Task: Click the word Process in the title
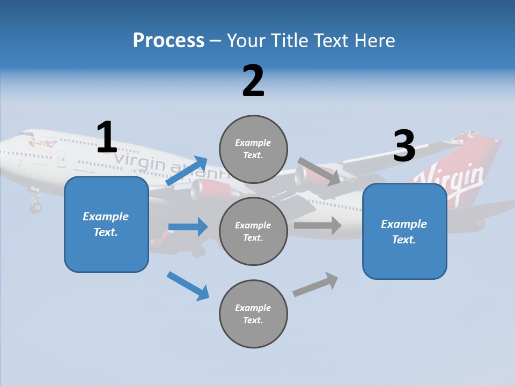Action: coord(168,41)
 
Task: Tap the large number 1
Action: coord(107,137)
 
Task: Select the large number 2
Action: coord(253,81)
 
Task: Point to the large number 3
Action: coord(404,146)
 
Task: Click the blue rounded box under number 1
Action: coord(106,224)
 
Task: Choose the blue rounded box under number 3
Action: coord(404,231)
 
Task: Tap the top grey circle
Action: coord(253,149)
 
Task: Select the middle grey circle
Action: coord(253,231)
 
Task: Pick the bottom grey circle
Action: coord(253,314)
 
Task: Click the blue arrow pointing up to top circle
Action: coord(187,171)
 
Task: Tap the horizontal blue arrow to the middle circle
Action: coord(188,227)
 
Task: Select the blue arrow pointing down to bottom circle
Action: coord(188,286)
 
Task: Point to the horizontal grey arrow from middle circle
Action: coord(318,225)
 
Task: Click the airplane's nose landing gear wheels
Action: coord(35,206)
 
